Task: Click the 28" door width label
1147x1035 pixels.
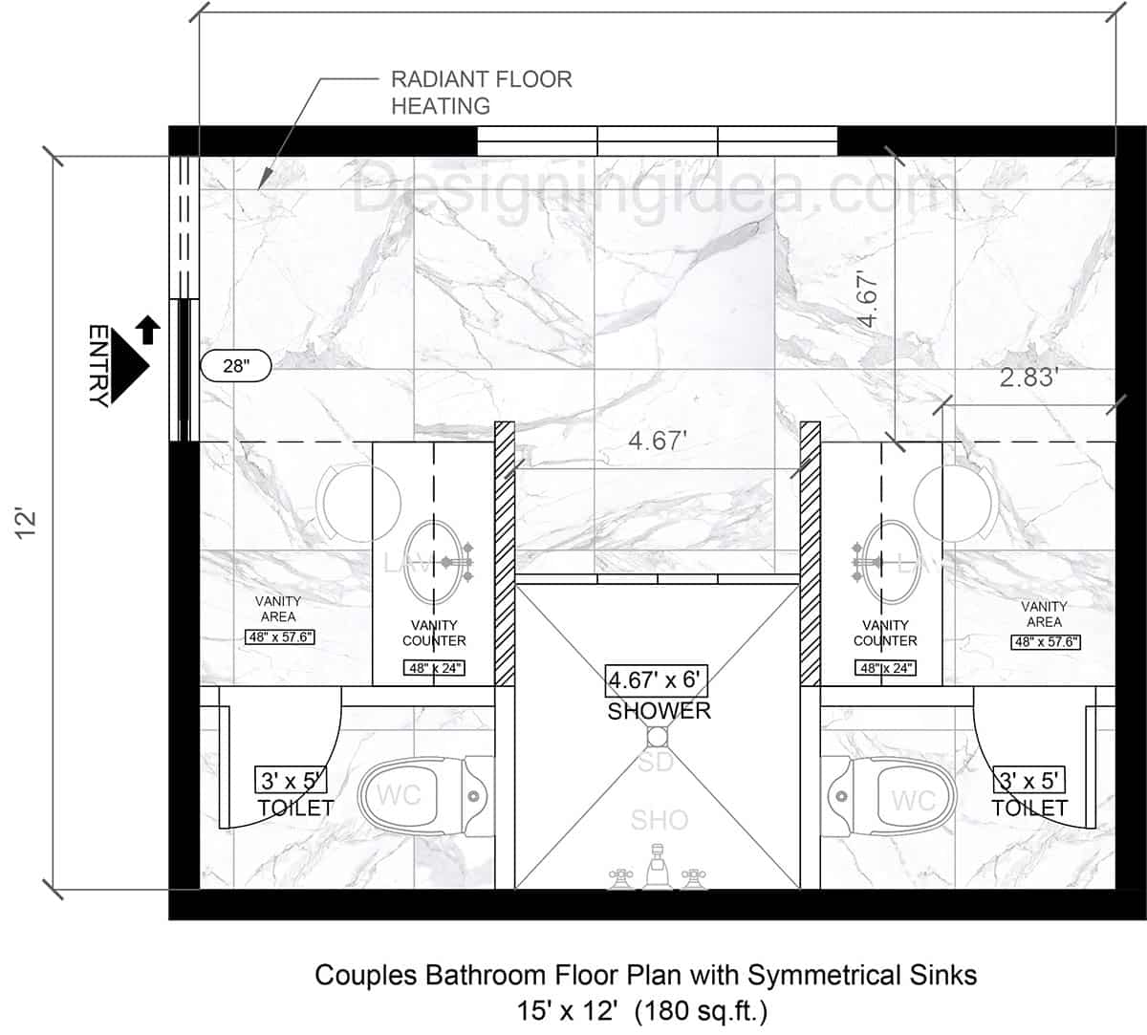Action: point(235,364)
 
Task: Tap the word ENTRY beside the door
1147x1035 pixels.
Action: point(98,365)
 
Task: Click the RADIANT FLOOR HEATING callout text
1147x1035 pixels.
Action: point(481,93)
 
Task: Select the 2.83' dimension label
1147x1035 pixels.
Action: point(1028,377)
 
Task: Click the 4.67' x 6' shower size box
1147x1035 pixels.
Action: point(658,681)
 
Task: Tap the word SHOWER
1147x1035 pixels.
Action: point(660,711)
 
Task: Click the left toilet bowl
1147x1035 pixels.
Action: point(411,794)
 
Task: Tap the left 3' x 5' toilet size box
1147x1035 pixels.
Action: point(291,781)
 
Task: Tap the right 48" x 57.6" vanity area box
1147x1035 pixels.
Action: point(1046,642)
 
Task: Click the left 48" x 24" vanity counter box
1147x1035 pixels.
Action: point(435,668)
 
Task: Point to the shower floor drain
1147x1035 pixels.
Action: point(658,737)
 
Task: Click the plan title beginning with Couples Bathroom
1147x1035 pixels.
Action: point(646,975)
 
